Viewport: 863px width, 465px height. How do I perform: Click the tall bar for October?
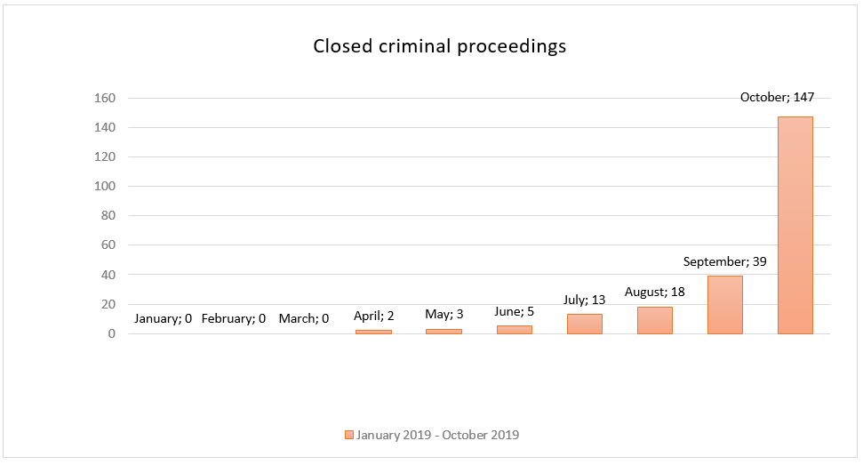(x=795, y=225)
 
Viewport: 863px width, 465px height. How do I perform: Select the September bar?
(x=725, y=305)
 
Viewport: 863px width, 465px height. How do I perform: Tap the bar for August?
(x=654, y=320)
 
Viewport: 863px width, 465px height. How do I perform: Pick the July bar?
(x=585, y=325)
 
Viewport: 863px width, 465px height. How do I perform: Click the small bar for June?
(x=514, y=330)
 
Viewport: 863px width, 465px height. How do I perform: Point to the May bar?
(x=443, y=332)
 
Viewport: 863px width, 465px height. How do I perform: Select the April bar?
(x=373, y=332)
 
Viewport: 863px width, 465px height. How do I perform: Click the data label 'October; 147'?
(x=777, y=98)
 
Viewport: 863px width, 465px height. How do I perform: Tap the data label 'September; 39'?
(x=725, y=261)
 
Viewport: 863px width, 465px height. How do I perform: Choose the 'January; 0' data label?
(x=163, y=318)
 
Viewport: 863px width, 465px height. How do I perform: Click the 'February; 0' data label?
(x=234, y=318)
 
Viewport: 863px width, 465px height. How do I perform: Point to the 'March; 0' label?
(x=304, y=318)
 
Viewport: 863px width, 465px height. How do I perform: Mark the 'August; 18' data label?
(x=654, y=293)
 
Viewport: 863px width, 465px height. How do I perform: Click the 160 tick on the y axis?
(x=105, y=98)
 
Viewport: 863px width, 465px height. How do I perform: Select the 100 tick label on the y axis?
(x=105, y=186)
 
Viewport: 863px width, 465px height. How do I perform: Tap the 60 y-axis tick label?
(x=108, y=245)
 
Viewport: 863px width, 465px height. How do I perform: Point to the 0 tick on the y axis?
(x=112, y=333)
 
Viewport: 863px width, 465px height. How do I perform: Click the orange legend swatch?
(x=349, y=435)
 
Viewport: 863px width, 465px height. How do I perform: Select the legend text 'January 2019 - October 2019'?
(x=437, y=435)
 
